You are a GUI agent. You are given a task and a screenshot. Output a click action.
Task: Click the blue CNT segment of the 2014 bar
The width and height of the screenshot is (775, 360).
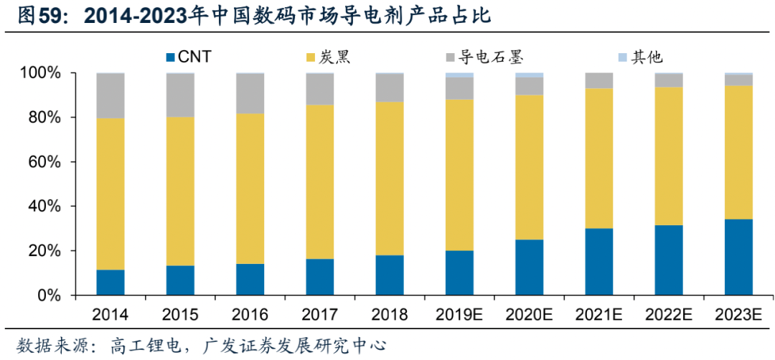(111, 282)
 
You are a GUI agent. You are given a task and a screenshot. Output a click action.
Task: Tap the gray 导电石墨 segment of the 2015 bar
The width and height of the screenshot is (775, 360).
(180, 95)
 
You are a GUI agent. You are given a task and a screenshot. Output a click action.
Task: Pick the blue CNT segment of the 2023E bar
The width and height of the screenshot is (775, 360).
(738, 257)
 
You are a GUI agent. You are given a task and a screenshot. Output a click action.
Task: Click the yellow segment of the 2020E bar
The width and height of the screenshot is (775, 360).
(529, 167)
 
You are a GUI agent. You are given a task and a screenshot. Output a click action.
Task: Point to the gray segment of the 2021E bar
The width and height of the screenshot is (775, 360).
(598, 80)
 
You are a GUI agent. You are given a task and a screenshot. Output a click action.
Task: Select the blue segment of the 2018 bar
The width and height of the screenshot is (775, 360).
(390, 275)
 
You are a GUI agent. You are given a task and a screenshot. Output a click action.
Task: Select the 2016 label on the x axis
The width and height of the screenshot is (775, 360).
(250, 315)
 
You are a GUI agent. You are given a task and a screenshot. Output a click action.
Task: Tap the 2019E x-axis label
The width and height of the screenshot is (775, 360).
(459, 315)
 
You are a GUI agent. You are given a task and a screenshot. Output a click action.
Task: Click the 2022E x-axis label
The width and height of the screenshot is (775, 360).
(668, 315)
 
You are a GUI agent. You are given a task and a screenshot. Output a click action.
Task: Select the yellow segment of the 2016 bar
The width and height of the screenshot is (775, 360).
(250, 188)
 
